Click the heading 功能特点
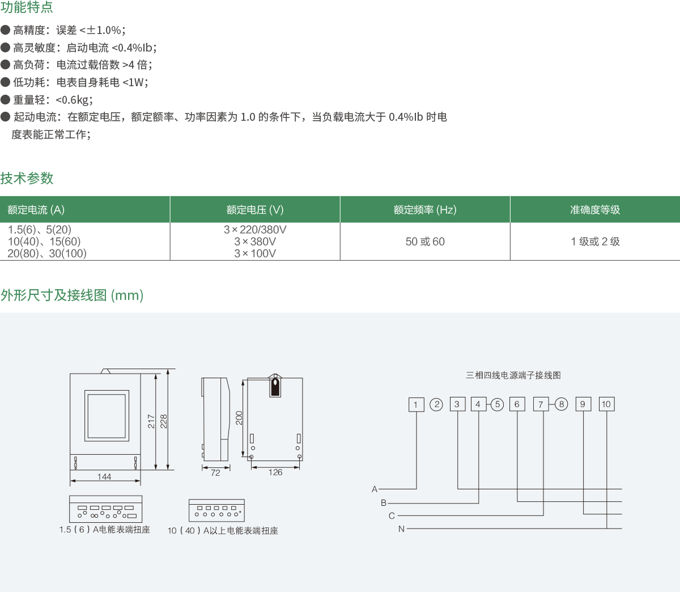[x=27, y=7]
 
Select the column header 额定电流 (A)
[x=36, y=210]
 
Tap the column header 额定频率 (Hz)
[x=425, y=210]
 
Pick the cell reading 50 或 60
[x=425, y=242]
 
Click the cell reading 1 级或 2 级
[x=595, y=242]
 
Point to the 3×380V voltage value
[x=255, y=242]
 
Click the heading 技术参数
[x=27, y=178]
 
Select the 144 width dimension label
[x=104, y=477]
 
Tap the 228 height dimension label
[x=164, y=421]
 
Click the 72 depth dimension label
[x=215, y=473]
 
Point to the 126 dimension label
[x=275, y=472]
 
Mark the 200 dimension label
[x=239, y=418]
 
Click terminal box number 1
[x=416, y=404]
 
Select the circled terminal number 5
[x=497, y=404]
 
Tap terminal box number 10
[x=606, y=404]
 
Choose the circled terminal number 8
[x=561, y=404]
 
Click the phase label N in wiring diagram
[x=401, y=529]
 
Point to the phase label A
[x=375, y=489]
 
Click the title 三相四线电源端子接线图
[x=513, y=375]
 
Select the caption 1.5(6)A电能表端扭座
[x=105, y=530]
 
